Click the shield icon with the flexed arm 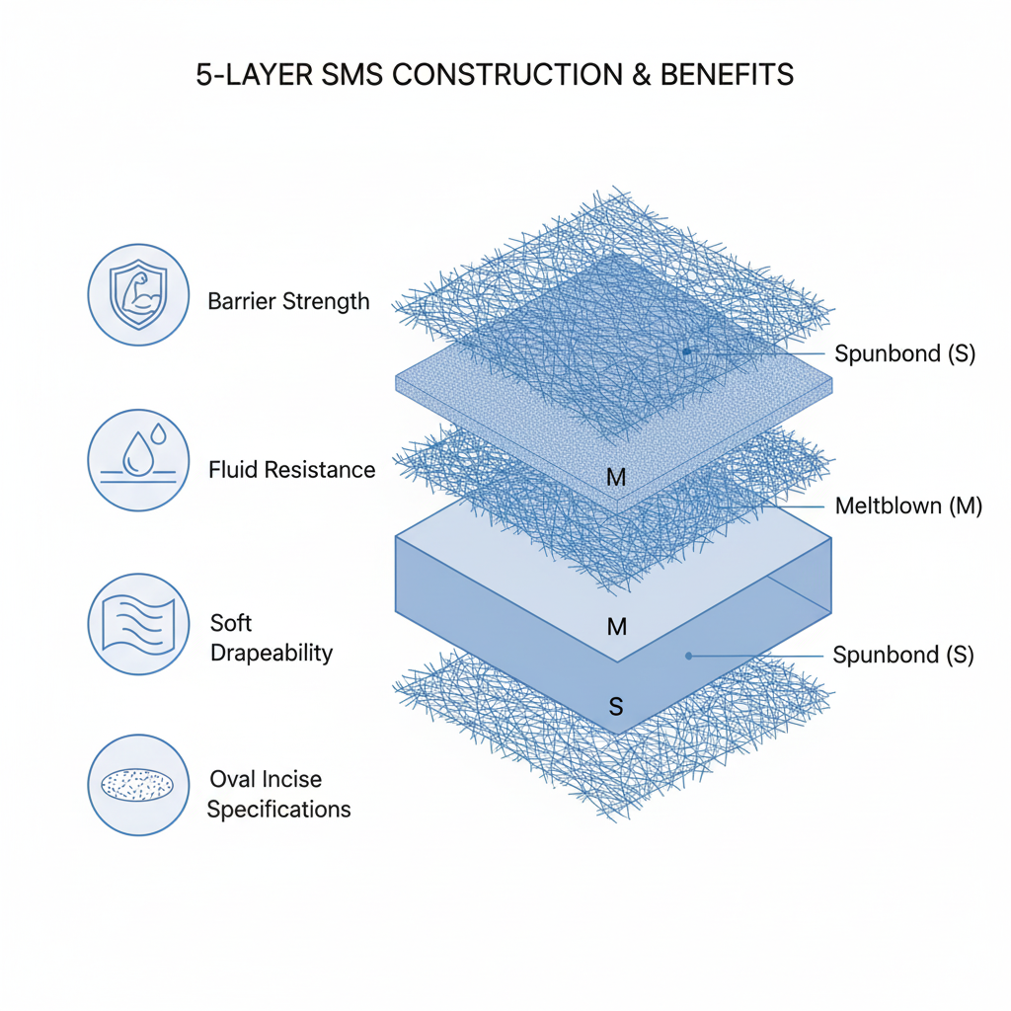[138, 294]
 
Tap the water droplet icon [138, 460]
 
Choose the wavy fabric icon [138, 624]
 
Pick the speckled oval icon [138, 785]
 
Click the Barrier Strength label [288, 301]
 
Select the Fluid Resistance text [292, 469]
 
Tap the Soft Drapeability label [271, 638]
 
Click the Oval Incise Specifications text [278, 794]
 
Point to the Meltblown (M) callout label [908, 506]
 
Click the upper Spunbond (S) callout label [904, 353]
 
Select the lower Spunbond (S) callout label [903, 655]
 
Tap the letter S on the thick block [616, 706]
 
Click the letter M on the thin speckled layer [616, 478]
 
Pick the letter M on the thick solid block [616, 626]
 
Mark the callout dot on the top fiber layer [686, 351]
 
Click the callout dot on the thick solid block [688, 655]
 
